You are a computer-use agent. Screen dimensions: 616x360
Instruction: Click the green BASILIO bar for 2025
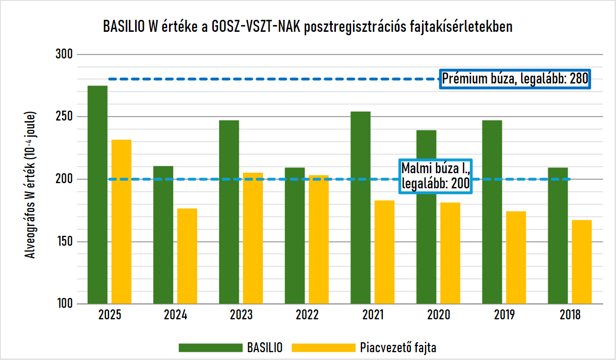[x=98, y=195]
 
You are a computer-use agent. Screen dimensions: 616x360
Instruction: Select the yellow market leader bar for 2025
[x=122, y=222]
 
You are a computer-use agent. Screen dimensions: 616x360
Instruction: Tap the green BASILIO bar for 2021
[x=360, y=208]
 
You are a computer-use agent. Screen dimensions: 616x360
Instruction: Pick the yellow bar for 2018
[x=582, y=262]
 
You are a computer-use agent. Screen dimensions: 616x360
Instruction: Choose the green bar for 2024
[x=163, y=235]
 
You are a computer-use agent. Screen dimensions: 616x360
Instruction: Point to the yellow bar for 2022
[x=319, y=239]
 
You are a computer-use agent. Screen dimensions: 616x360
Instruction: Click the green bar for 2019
[x=492, y=212]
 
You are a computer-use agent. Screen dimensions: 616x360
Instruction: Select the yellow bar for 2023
[x=253, y=238]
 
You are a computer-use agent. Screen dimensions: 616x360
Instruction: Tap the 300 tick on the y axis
[x=65, y=54]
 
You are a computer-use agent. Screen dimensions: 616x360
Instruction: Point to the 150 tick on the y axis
[x=65, y=242]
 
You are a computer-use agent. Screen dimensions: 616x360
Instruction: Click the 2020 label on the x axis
[x=439, y=315]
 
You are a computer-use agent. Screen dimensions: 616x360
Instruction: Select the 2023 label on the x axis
[x=241, y=315]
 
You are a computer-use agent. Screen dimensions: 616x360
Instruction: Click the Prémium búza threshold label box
[x=515, y=79]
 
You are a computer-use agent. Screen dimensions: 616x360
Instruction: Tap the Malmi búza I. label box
[x=436, y=176]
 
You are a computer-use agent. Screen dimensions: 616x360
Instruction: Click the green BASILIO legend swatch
[x=211, y=347]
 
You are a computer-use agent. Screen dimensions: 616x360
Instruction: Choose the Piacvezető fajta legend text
[x=398, y=347]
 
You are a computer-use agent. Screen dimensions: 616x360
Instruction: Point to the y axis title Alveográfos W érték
[x=31, y=185]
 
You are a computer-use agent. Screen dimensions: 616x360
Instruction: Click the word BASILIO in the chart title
[x=124, y=27]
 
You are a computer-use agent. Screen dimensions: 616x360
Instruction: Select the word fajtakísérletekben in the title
[x=461, y=27]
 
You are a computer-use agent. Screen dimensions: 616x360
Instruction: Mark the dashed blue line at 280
[x=274, y=79]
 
